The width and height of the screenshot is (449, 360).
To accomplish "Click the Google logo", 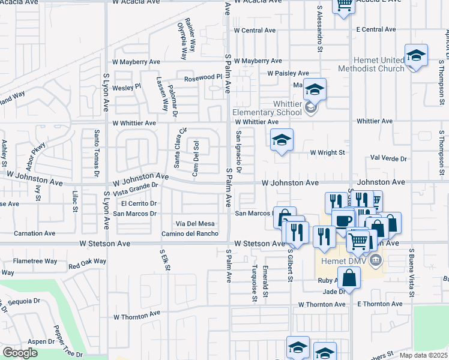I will pos(20,353).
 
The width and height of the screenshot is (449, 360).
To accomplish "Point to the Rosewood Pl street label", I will pos(203,77).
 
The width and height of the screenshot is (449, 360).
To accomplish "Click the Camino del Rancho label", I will pos(189,233).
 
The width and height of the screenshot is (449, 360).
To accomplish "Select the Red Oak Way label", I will pos(87,263).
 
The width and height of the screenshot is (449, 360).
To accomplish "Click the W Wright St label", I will pos(327,152).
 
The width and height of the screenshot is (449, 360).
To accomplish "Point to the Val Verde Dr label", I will pos(388,158).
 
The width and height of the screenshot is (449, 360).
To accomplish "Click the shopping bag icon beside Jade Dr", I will pos(349,278).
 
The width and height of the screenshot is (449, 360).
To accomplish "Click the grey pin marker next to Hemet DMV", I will pos(376,259).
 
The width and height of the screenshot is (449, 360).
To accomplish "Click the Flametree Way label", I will pos(35,261).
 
